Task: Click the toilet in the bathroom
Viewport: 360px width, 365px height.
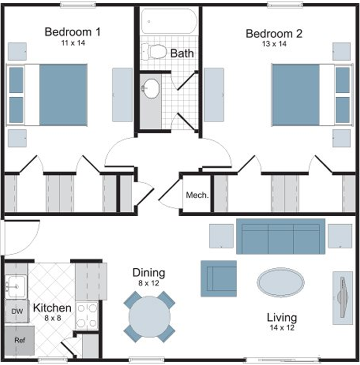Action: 154,52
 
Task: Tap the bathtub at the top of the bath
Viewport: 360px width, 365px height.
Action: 169,21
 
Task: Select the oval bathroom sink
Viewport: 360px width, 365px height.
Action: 151,89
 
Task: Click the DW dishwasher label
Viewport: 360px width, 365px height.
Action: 17,311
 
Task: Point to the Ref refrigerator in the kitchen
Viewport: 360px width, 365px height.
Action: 20,340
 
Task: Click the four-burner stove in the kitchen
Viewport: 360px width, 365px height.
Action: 87,316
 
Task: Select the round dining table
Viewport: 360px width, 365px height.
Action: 149,317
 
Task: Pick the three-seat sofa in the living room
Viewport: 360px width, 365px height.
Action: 281,236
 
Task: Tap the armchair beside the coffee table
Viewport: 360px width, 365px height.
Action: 219,278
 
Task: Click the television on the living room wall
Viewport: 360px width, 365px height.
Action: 343,297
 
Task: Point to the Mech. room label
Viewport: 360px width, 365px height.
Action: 197,195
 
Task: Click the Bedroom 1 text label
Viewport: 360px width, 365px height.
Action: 73,32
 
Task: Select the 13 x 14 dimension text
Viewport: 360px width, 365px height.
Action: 274,44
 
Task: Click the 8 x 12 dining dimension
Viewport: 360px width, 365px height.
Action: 149,283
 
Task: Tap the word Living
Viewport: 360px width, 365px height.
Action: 282,318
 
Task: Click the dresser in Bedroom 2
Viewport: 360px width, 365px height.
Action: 214,95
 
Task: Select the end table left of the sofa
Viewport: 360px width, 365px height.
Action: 221,236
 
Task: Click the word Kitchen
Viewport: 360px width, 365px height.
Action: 52,308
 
